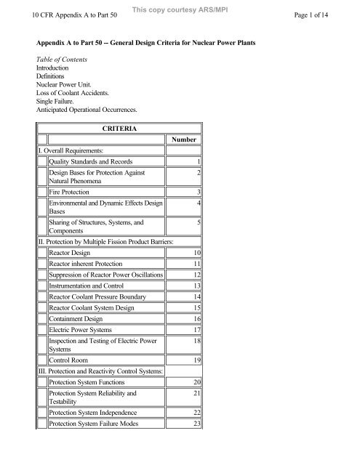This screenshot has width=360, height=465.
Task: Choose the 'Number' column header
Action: [183, 139]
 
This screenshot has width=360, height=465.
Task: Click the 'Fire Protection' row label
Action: [77, 191]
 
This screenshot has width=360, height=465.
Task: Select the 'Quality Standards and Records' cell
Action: [101, 161]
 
